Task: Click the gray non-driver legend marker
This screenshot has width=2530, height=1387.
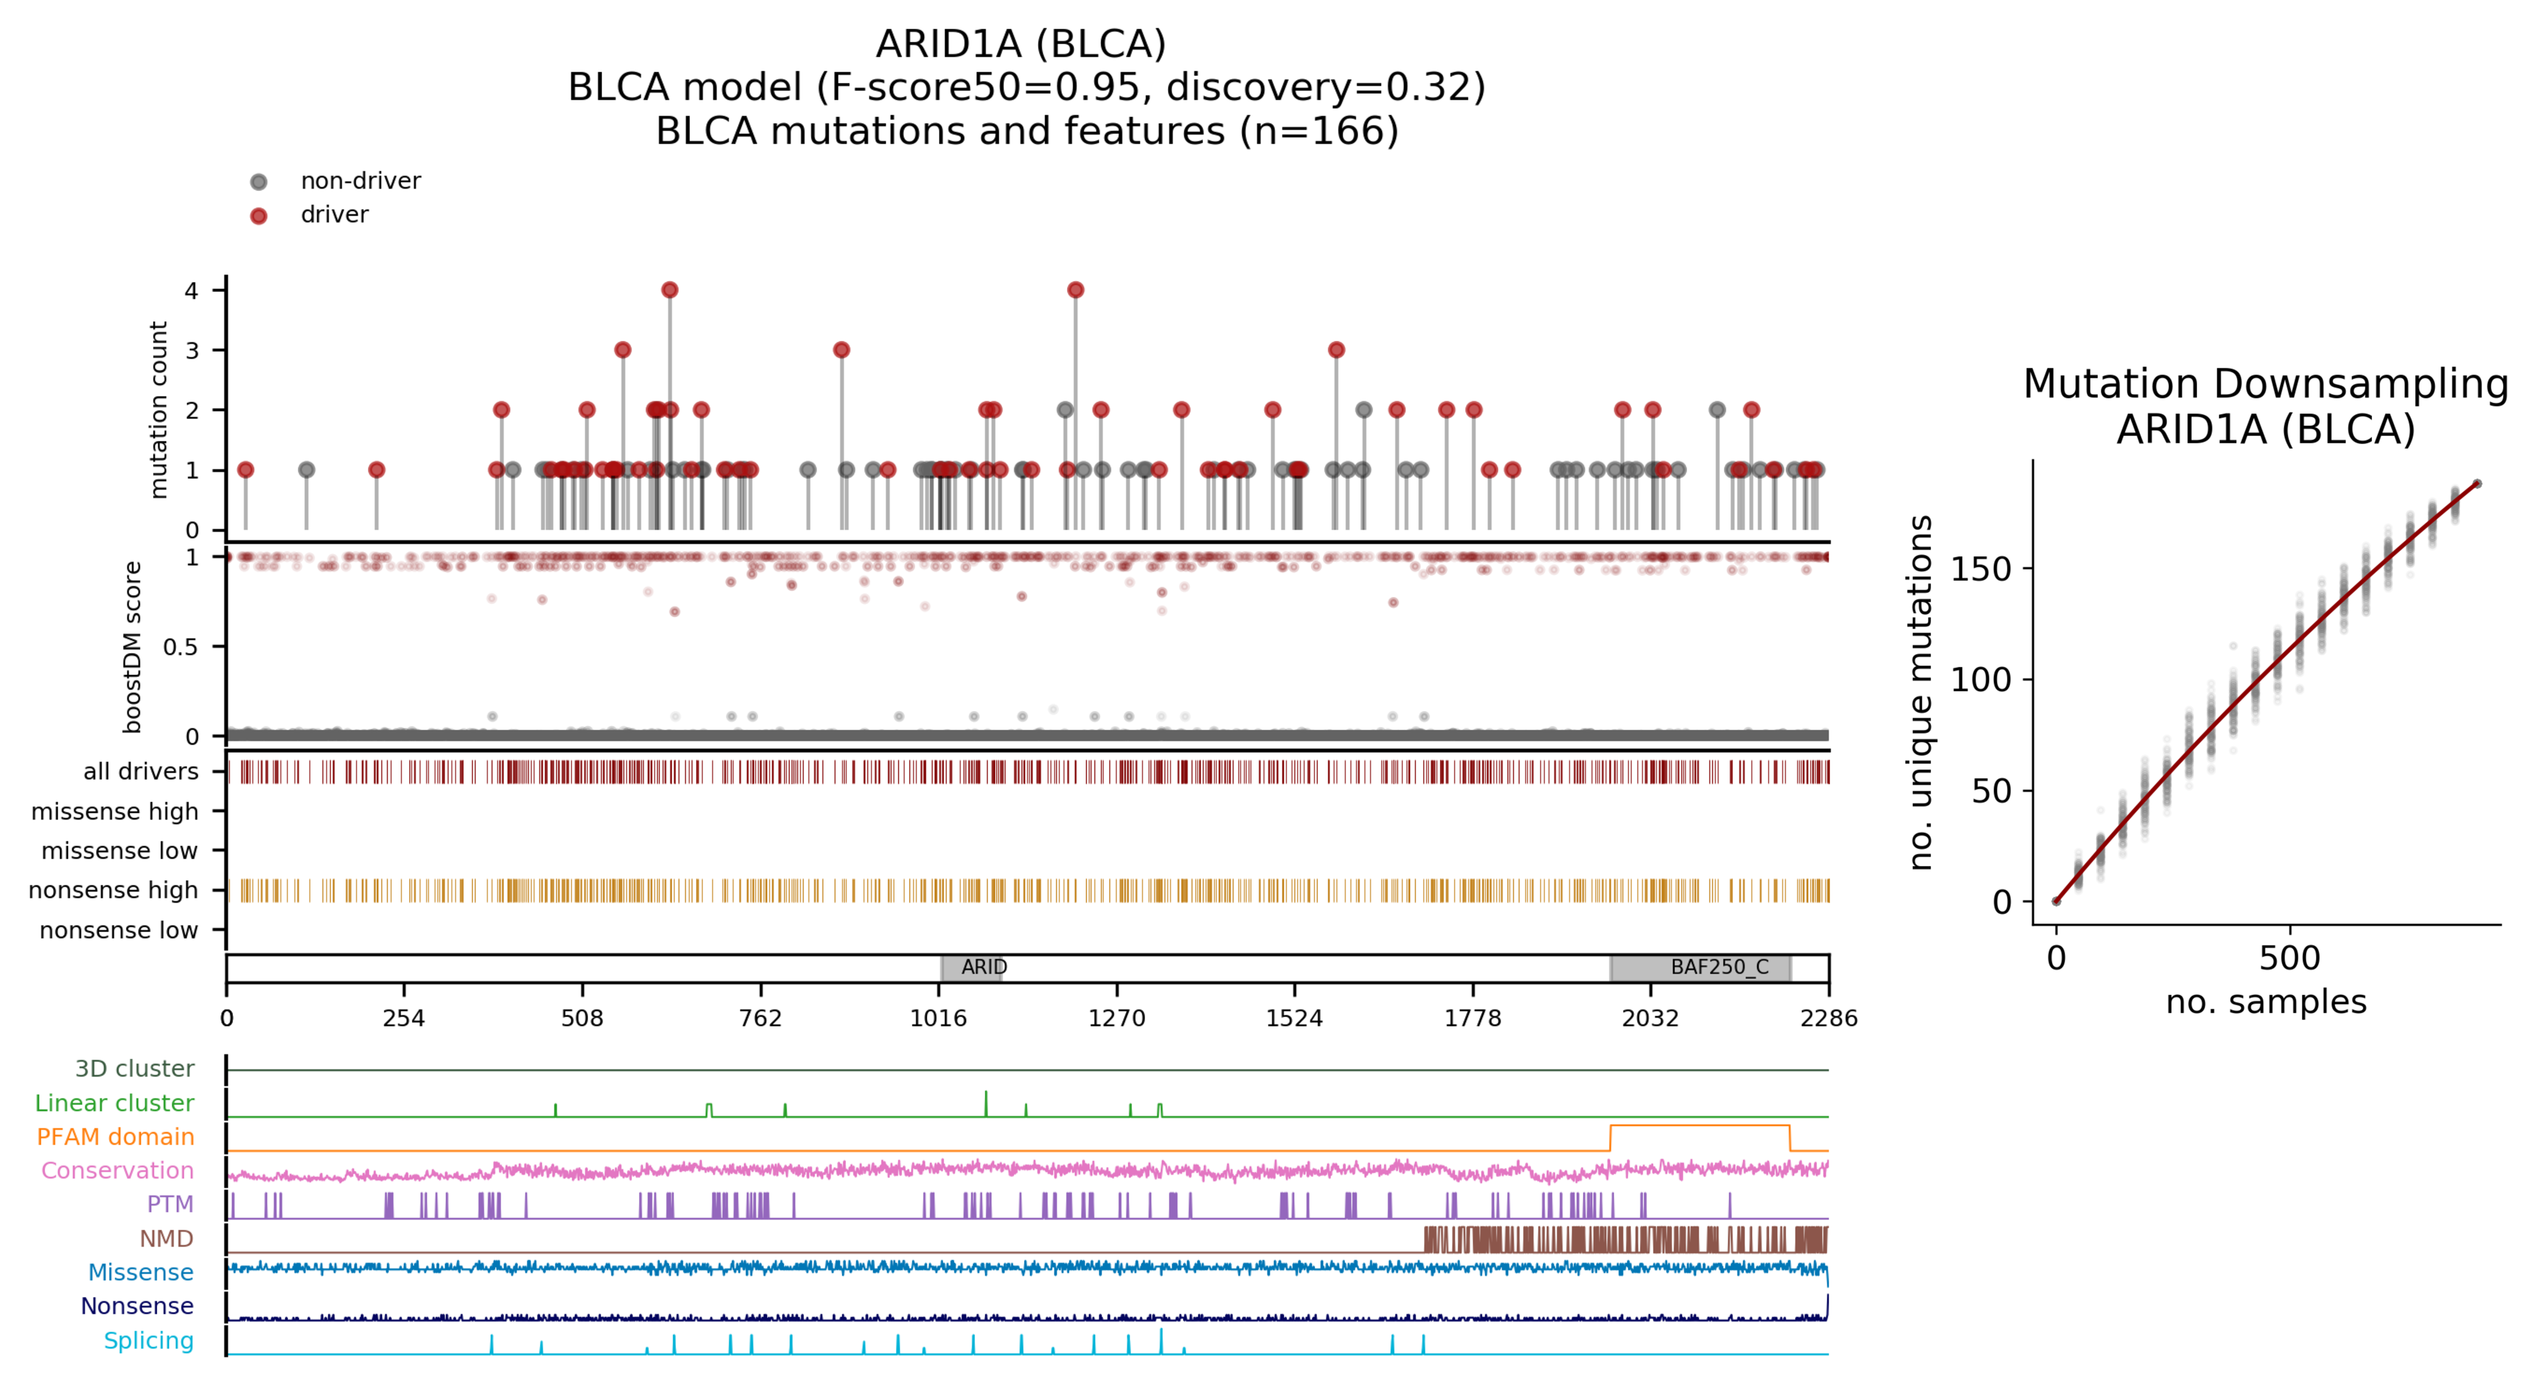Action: pyautogui.click(x=258, y=182)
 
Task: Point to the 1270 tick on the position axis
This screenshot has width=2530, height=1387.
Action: pyautogui.click(x=1117, y=1018)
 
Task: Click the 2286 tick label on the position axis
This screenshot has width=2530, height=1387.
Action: pyautogui.click(x=1828, y=1018)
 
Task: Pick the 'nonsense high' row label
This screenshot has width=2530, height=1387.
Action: pyautogui.click(x=113, y=890)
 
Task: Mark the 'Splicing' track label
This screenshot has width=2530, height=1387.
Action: pyautogui.click(x=148, y=1341)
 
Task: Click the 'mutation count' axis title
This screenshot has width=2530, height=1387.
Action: pyautogui.click(x=158, y=410)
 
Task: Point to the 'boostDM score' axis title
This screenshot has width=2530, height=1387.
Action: pyautogui.click(x=132, y=647)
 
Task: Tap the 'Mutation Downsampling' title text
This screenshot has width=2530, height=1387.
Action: pyautogui.click(x=2265, y=383)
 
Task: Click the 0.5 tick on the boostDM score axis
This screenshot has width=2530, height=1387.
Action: pyautogui.click(x=180, y=646)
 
